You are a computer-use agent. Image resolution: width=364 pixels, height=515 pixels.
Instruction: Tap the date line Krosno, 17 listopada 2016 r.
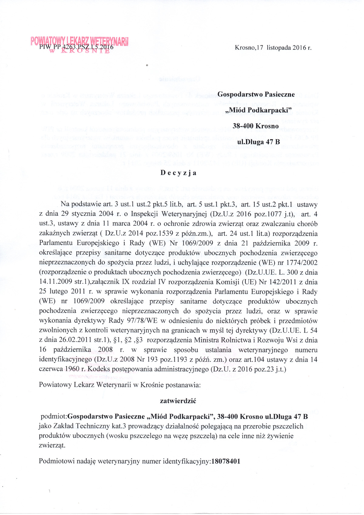pyautogui.click(x=273, y=48)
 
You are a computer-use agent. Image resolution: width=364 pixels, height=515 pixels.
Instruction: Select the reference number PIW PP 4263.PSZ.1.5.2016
pyautogui.click(x=76, y=47)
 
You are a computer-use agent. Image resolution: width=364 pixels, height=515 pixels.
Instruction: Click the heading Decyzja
pyautogui.click(x=178, y=173)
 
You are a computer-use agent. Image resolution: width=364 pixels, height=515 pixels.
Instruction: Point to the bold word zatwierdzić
pyautogui.click(x=178, y=401)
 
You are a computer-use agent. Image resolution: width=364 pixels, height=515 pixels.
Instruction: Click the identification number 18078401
pyautogui.click(x=226, y=461)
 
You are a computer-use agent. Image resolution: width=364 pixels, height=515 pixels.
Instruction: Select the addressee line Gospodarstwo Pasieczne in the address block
pyautogui.click(x=256, y=94)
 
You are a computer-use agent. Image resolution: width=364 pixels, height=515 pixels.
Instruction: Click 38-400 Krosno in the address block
pyautogui.click(x=256, y=126)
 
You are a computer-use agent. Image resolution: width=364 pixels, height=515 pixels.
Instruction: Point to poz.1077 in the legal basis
pyautogui.click(x=268, y=214)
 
